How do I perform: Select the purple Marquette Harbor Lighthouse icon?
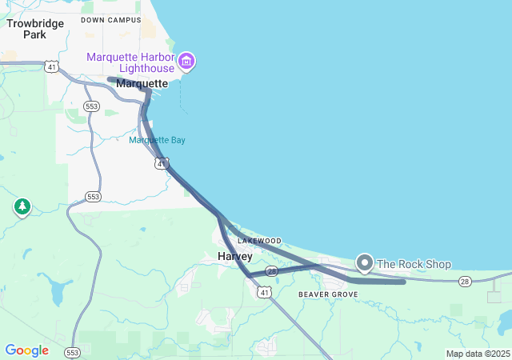[x=186, y=61]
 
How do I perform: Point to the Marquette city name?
[x=142, y=83]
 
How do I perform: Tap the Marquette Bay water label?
[x=157, y=140]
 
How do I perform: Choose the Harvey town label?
[x=235, y=256]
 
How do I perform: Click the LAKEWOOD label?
[x=259, y=241]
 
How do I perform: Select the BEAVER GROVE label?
[x=328, y=294]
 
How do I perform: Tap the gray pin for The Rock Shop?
[x=365, y=262]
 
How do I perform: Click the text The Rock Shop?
[x=414, y=264]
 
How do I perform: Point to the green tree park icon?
[x=22, y=207]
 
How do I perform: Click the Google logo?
[x=26, y=350]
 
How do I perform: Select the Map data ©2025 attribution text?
[x=478, y=354]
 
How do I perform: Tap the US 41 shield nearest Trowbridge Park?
[x=51, y=66]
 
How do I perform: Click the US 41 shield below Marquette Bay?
[x=162, y=163]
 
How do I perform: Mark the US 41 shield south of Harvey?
[x=264, y=293]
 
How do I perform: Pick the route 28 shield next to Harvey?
[x=272, y=272]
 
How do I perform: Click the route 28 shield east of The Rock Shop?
[x=466, y=281]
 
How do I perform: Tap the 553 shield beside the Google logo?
[x=73, y=352]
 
